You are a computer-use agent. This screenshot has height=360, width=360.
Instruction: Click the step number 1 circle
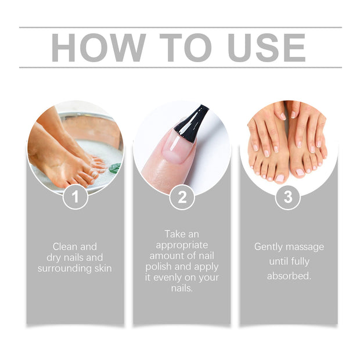tap(75, 197)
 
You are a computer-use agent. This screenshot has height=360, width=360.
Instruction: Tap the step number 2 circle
tap(182, 197)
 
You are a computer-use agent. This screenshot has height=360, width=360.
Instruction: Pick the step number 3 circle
tap(288, 197)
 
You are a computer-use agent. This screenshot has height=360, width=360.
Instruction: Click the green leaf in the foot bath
tap(114, 168)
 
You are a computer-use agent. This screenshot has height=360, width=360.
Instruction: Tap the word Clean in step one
tap(64, 247)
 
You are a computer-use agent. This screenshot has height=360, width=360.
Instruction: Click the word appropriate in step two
tap(182, 244)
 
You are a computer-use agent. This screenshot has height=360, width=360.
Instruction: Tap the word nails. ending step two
tap(182, 287)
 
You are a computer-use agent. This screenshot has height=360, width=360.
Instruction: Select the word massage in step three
tap(307, 247)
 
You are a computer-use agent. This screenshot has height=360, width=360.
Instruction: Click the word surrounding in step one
tap(62, 268)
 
